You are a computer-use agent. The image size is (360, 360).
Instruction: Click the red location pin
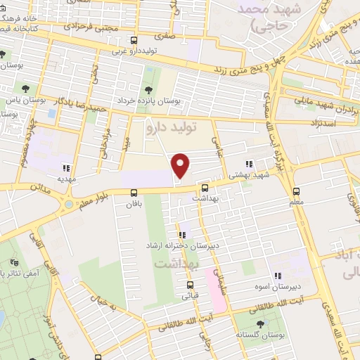[x=181, y=165]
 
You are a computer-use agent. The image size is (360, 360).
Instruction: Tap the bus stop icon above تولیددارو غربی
[x=134, y=41]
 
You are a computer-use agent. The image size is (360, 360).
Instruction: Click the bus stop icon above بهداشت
[x=205, y=188]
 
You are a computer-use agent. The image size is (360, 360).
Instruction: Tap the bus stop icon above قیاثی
[x=190, y=285]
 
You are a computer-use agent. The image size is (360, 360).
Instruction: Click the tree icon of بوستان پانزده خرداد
[x=148, y=89]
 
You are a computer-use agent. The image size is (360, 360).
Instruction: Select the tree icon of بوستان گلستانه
[x=261, y=324]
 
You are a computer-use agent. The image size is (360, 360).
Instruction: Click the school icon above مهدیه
[x=67, y=167]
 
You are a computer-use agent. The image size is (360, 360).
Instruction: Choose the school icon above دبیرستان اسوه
[x=278, y=275]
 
